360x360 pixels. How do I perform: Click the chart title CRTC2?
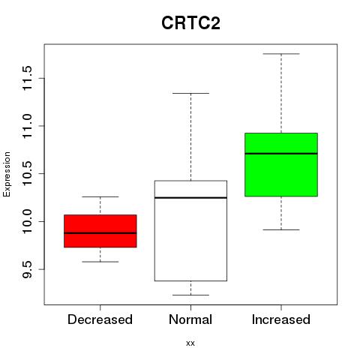[190, 23]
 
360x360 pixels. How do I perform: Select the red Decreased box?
[100, 231]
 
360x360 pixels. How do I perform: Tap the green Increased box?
[281, 165]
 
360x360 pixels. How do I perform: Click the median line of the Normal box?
[190, 198]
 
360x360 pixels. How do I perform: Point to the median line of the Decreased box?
[100, 233]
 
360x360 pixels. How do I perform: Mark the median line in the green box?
[281, 154]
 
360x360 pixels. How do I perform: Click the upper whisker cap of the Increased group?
[281, 54]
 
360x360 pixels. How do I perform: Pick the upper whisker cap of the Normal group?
[190, 93]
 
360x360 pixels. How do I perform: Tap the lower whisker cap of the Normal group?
[190, 295]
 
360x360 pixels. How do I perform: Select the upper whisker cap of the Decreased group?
[100, 196]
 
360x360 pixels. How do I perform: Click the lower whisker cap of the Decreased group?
[100, 262]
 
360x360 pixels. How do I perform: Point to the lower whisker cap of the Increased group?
[281, 229]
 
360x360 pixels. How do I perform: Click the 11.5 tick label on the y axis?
[27, 78]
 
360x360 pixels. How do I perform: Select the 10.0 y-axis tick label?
[27, 221]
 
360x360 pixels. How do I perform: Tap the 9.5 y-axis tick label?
[27, 269]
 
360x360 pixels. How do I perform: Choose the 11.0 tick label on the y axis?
[27, 126]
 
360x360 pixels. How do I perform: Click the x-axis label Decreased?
[100, 319]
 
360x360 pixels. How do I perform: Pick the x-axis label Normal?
[190, 319]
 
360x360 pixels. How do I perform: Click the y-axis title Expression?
[7, 174]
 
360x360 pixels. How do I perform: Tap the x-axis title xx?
[190, 343]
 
